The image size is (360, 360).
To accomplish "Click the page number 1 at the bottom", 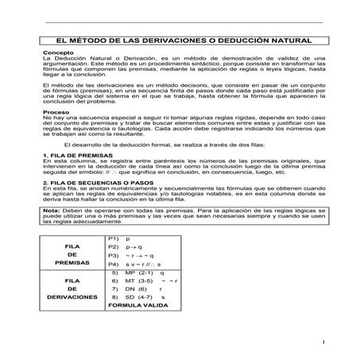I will pyautogui.click(x=326, y=343).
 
